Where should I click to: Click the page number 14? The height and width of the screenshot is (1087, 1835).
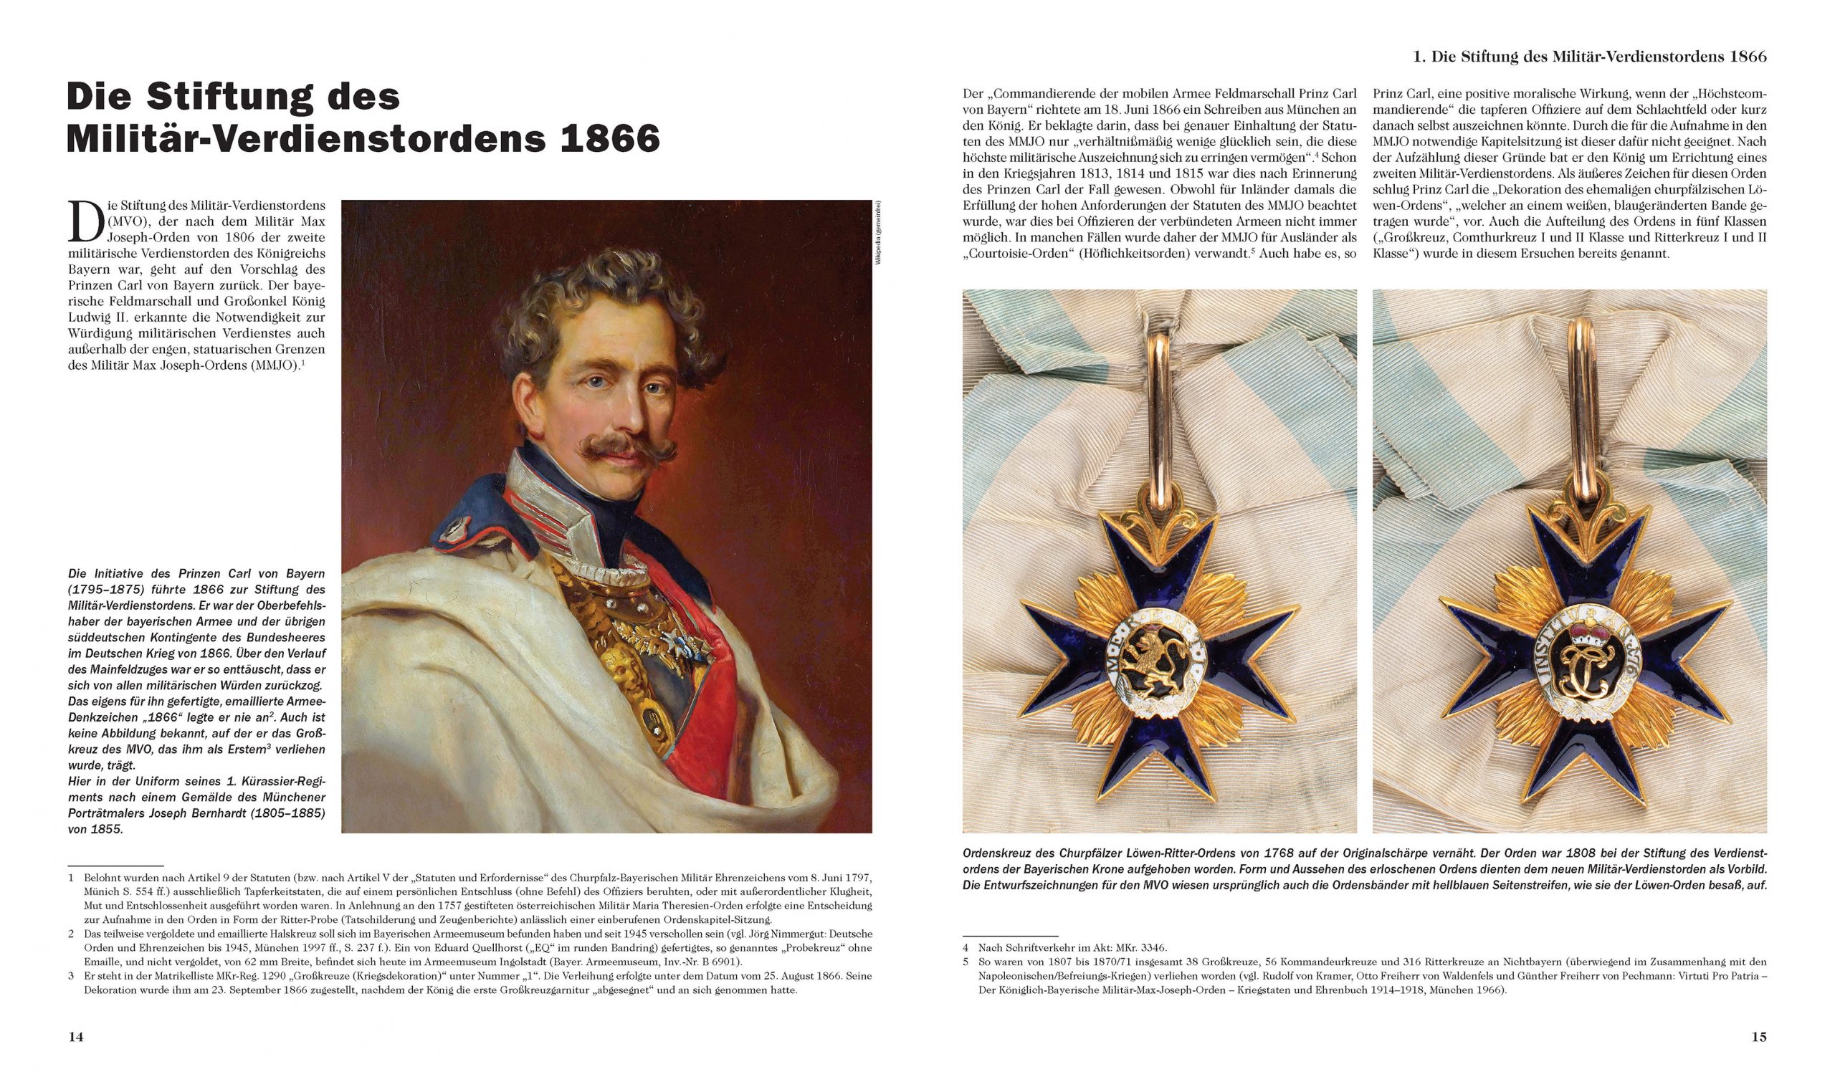click(x=75, y=1036)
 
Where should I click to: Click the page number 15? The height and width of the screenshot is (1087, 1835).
click(x=1759, y=1036)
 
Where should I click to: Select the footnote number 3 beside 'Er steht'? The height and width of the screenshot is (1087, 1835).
click(x=71, y=977)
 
